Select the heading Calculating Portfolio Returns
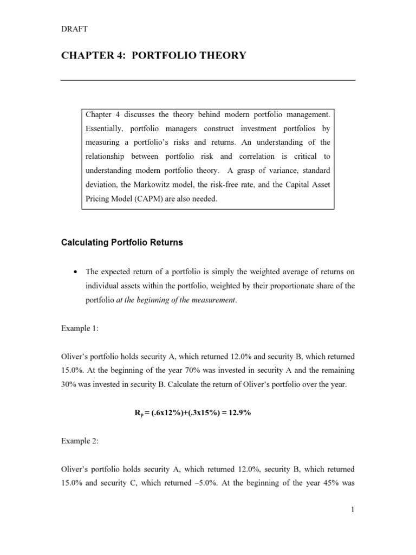pyautogui.click(x=122, y=243)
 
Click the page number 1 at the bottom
pyautogui.click(x=352, y=509)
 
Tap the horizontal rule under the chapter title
pyautogui.click(x=207, y=80)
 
